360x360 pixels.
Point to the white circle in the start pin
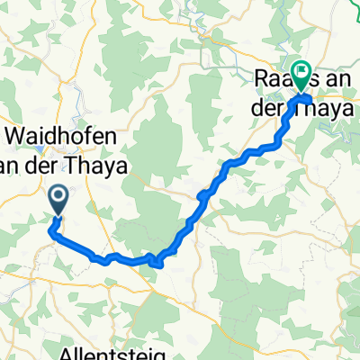pos(58,193)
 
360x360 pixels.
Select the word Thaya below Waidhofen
pos(108,165)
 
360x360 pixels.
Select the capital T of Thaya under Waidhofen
pos(86,165)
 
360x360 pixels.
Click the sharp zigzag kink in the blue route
pos(157,262)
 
